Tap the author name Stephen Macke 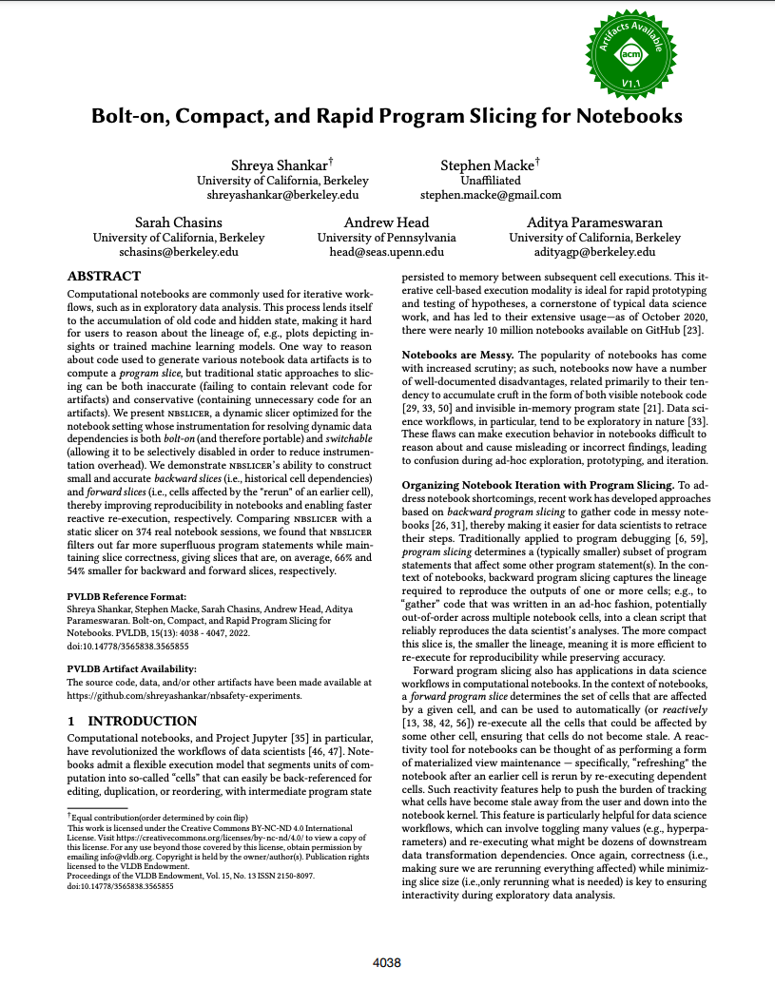[x=490, y=165]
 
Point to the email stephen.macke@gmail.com [x=491, y=195]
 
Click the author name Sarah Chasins [x=178, y=222]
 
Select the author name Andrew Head [x=387, y=222]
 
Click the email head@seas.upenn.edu [x=387, y=252]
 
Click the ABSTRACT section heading [x=104, y=276]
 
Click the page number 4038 [x=387, y=963]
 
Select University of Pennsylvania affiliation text [x=387, y=238]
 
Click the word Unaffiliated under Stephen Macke [x=490, y=180]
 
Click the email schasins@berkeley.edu [x=178, y=252]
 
